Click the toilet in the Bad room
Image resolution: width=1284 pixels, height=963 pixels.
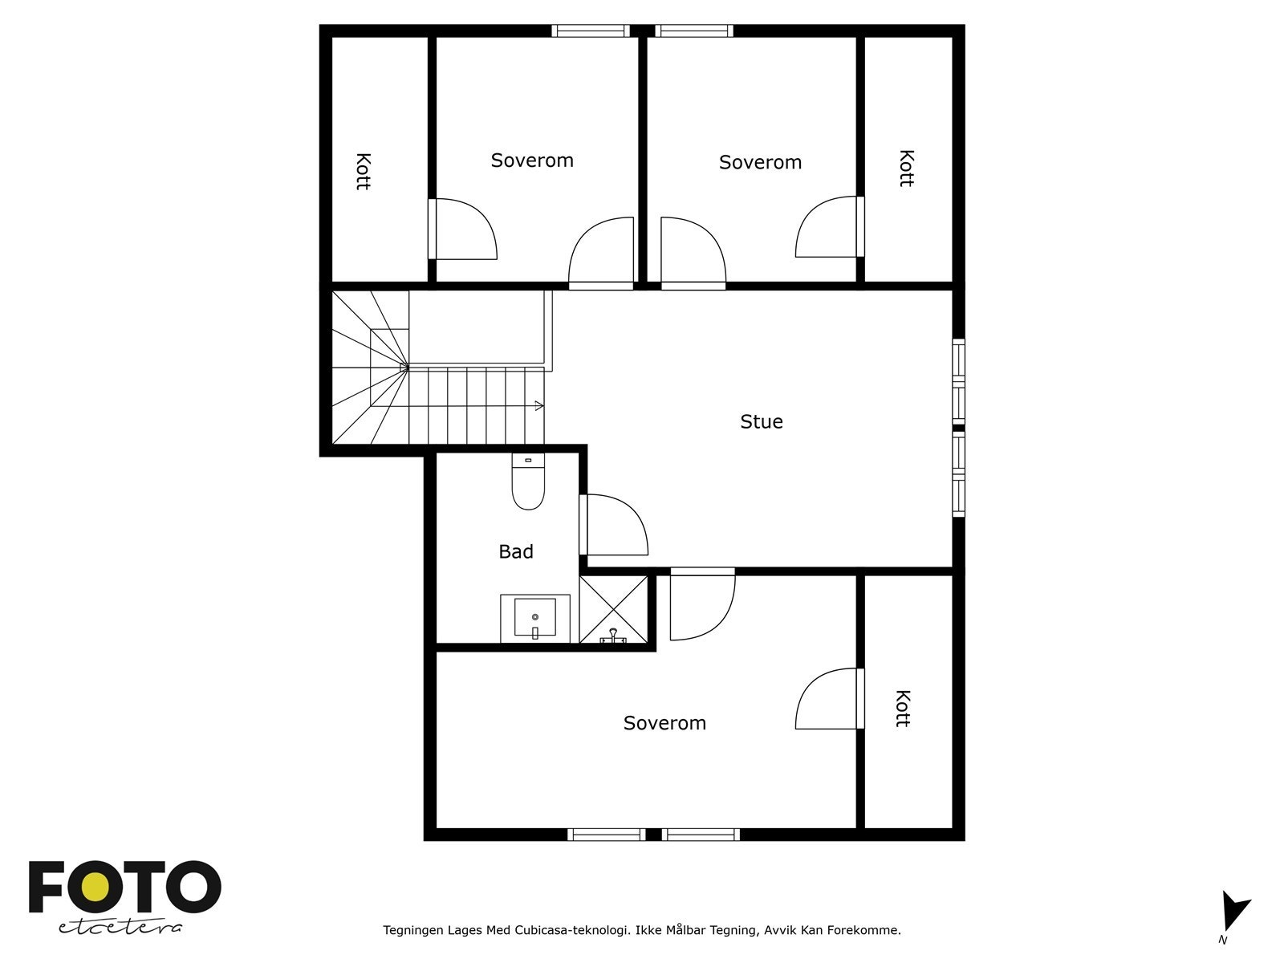528,484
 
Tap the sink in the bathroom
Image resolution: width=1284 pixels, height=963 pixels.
534,618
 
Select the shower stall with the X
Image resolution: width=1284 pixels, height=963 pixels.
613,610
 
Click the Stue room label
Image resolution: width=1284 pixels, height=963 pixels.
761,421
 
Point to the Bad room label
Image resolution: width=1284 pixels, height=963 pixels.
516,551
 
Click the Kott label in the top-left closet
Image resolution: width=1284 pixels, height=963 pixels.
363,170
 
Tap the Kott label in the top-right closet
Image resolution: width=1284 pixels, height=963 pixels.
906,168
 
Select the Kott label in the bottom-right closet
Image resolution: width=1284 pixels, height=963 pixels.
902,708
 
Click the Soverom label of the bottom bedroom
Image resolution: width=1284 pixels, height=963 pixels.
664,722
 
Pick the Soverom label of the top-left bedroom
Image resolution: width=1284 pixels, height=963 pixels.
532,160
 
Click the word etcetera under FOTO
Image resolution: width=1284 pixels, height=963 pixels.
120,927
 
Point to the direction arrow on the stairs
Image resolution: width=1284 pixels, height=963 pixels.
536,406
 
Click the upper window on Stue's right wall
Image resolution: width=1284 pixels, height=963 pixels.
958,382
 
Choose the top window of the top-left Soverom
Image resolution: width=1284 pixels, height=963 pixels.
591,31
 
